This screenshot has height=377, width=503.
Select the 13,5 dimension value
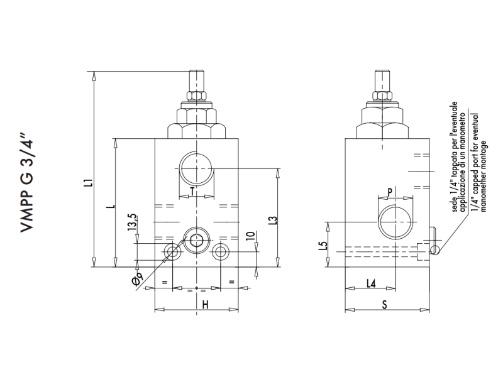click(x=132, y=224)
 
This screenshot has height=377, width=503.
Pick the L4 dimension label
click(x=371, y=284)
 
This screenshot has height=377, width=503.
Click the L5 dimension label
click(x=322, y=246)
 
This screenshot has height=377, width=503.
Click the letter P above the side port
click(x=390, y=192)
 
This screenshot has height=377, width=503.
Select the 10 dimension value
click(x=250, y=237)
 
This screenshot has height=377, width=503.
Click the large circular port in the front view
click(x=196, y=169)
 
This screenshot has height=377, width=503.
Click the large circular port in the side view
click(x=395, y=222)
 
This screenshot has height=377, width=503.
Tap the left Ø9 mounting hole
click(x=172, y=252)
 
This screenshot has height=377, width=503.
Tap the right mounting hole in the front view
click(x=220, y=252)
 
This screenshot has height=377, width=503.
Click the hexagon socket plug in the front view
click(x=196, y=241)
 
